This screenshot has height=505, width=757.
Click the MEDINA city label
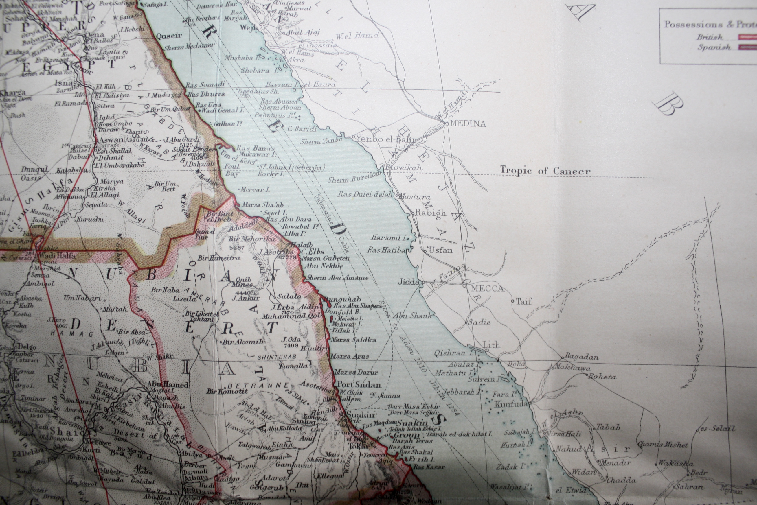click(x=468, y=124)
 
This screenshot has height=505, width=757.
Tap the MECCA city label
click(x=487, y=289)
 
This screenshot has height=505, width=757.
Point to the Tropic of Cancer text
click(x=545, y=171)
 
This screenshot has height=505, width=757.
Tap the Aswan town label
click(x=111, y=140)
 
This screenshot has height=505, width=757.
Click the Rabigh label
click(x=430, y=213)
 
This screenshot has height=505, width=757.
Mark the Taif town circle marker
click(x=512, y=301)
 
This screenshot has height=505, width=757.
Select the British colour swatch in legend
click(x=747, y=37)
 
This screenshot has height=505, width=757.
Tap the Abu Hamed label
click(x=168, y=385)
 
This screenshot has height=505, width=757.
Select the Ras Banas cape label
click(x=255, y=148)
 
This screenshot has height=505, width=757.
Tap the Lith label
click(x=491, y=345)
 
